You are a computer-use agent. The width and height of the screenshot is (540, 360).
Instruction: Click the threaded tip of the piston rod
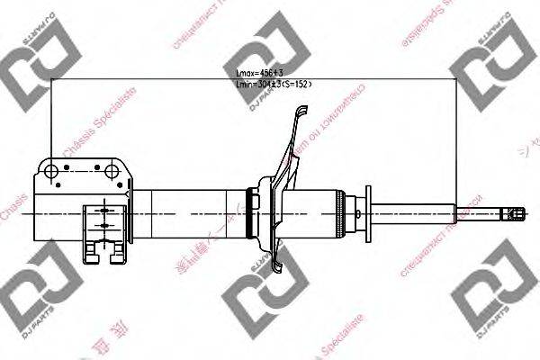click(x=513, y=212)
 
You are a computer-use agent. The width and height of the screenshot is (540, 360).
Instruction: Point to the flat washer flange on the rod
click(x=367, y=212)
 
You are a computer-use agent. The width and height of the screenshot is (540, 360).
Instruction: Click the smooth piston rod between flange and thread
click(x=414, y=212)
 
